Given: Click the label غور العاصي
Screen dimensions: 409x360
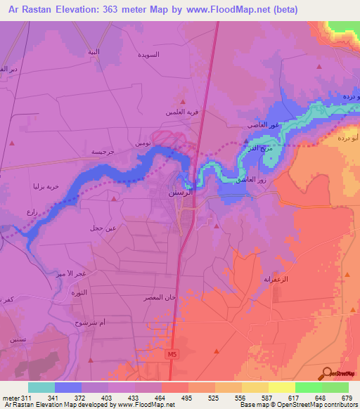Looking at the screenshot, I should tap(263, 124).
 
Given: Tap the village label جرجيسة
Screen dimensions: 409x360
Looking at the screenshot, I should tap(103, 151).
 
